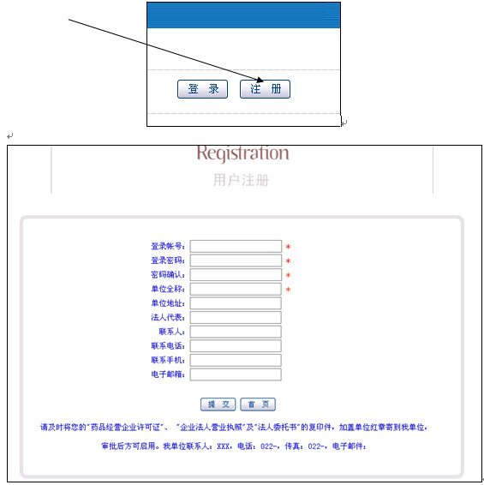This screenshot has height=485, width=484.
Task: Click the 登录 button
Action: click(202, 89)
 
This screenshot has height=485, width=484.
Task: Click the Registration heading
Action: click(243, 153)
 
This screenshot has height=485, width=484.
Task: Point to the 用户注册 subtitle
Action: click(241, 180)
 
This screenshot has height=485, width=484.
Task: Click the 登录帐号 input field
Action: click(236, 246)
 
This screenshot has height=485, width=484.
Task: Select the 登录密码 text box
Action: click(236, 260)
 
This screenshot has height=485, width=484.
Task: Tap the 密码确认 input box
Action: click(236, 275)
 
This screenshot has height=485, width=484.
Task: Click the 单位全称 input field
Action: click(236, 289)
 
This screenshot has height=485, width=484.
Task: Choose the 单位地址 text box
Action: click(236, 303)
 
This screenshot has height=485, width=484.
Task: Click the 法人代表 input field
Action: click(236, 317)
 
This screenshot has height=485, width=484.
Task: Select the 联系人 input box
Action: click(236, 332)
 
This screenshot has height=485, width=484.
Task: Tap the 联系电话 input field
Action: click(236, 346)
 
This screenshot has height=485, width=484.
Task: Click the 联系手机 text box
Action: click(236, 360)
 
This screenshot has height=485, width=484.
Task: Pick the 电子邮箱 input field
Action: click(236, 374)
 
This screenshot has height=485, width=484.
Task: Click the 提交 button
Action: click(218, 404)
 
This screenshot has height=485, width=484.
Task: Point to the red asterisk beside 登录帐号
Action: click(288, 247)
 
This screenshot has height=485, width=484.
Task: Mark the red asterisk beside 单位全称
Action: click(288, 290)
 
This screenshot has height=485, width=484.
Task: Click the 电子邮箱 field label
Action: click(168, 374)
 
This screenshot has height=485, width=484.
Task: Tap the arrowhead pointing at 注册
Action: click(260, 80)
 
